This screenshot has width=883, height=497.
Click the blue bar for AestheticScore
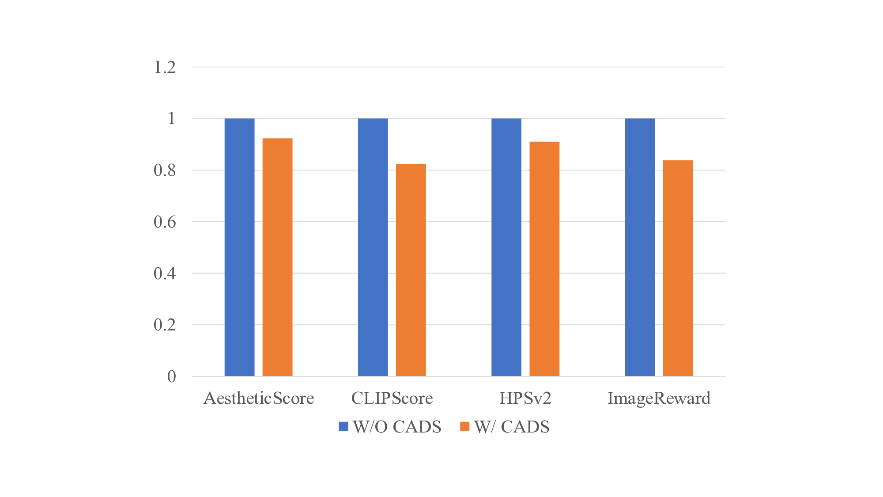coord(239,247)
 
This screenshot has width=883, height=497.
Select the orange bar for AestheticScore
coord(277,257)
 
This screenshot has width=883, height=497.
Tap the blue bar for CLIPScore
coord(373,247)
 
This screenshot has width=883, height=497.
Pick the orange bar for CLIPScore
coord(411,270)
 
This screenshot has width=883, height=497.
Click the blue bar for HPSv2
coord(506,247)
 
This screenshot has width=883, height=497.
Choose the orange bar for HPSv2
coord(544,259)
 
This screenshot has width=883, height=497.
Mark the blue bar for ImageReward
coord(640,247)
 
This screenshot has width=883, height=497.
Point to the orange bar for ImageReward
coord(678,268)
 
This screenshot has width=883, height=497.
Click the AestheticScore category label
coord(259,398)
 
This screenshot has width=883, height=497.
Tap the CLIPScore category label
coord(392,398)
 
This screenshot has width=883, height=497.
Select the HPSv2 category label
coord(525,398)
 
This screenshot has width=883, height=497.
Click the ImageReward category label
coord(659,398)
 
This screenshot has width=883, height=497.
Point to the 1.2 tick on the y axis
coord(165,67)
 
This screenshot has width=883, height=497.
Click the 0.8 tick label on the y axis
coord(165,171)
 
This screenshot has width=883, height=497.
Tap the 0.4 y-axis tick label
coord(165,273)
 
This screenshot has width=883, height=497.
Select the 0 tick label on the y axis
coord(171,376)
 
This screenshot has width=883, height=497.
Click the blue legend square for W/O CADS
coord(343,426)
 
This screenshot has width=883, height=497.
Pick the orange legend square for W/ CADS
coord(464,426)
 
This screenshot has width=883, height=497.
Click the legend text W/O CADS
coord(397,427)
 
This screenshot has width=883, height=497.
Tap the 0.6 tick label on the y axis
coord(165,222)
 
